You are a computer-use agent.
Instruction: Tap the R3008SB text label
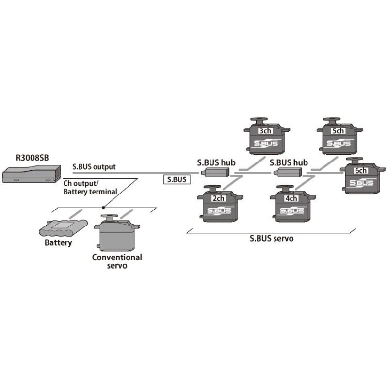[x=32, y=159]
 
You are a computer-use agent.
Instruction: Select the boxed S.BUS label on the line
[x=176, y=179]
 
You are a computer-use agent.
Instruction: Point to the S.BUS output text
[x=94, y=166]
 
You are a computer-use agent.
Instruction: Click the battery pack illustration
[x=65, y=227]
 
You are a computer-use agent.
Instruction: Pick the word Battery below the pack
[x=58, y=242]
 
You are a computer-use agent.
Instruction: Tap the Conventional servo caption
[x=117, y=261]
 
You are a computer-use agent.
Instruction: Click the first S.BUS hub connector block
[x=214, y=171]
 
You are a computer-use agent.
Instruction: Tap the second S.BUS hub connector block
[x=288, y=171]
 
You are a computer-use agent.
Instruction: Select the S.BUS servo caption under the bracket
[x=272, y=239]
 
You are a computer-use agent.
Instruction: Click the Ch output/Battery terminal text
[x=90, y=188]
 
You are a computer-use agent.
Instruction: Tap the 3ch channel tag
[x=265, y=131]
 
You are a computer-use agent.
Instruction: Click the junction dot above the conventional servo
[x=102, y=207]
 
